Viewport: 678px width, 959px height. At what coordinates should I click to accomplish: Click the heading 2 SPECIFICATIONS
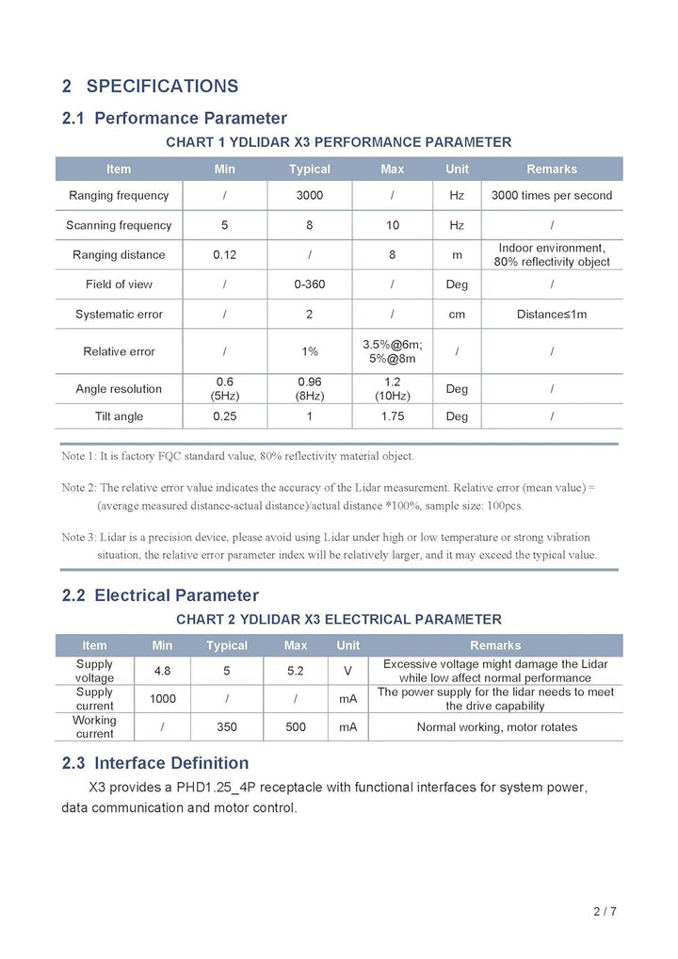[150, 86]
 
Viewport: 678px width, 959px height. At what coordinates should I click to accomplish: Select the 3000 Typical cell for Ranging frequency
[309, 195]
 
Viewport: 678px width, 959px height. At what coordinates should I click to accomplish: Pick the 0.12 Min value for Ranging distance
[224, 254]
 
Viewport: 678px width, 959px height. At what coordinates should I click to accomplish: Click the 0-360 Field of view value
[309, 284]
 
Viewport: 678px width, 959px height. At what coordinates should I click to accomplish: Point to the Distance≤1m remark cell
[551, 314]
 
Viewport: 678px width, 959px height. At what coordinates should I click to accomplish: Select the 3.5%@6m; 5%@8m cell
[392, 351]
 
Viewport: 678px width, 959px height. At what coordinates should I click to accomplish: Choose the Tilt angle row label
[119, 415]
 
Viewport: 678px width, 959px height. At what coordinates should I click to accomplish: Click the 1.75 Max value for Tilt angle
[392, 415]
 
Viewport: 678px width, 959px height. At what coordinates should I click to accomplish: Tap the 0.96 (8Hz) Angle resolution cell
[309, 388]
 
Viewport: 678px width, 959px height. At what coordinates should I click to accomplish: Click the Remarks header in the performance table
[551, 169]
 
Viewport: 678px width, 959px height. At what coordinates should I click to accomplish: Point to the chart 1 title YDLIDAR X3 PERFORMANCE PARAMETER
[338, 142]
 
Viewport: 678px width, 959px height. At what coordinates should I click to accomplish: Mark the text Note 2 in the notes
[78, 488]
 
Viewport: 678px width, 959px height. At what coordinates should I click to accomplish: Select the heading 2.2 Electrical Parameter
[160, 595]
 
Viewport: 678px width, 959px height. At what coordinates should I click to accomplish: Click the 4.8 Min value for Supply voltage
[162, 671]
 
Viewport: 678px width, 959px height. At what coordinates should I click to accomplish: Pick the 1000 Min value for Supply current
[162, 699]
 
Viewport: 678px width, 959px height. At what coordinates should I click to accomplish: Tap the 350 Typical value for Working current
[226, 726]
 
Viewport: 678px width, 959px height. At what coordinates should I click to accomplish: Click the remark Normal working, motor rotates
[496, 726]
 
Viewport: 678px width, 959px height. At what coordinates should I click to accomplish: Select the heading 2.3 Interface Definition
[155, 763]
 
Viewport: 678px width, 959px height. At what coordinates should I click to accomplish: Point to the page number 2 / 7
[605, 911]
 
